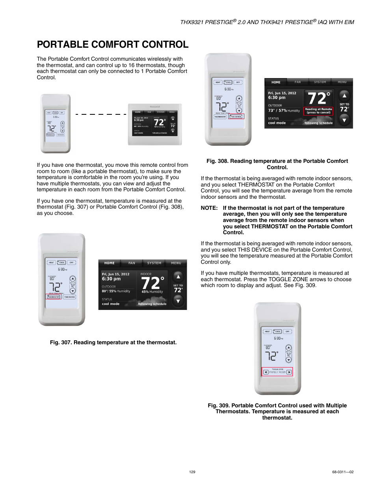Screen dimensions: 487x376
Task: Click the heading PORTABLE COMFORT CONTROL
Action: (x=112, y=45)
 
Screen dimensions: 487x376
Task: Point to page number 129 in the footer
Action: (x=192, y=472)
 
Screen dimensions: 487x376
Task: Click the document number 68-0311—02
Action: (x=342, y=472)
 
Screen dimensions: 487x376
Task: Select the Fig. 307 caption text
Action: (x=113, y=342)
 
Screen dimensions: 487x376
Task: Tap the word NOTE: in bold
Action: (x=209, y=208)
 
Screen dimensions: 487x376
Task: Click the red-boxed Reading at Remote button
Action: (x=318, y=111)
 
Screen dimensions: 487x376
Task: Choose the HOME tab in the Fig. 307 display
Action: (x=109, y=263)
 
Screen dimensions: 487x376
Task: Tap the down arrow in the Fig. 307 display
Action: (x=178, y=301)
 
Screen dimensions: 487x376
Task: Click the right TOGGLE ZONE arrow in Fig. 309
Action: (x=289, y=372)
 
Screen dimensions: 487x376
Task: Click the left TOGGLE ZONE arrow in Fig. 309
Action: (x=266, y=372)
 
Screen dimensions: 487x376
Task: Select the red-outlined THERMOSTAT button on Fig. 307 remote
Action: (x=54, y=297)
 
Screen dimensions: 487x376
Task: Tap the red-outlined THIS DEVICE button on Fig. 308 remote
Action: (x=236, y=117)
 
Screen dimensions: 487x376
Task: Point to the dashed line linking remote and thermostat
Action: (x=101, y=114)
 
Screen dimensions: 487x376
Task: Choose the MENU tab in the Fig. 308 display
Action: (x=342, y=82)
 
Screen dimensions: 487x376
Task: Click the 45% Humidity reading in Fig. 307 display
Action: (x=152, y=292)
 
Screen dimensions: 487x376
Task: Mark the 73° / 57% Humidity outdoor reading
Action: (x=284, y=111)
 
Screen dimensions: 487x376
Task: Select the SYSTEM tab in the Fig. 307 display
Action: (x=154, y=263)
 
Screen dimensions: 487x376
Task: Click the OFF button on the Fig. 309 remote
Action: (x=287, y=331)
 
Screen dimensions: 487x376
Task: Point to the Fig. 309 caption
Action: (x=277, y=411)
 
